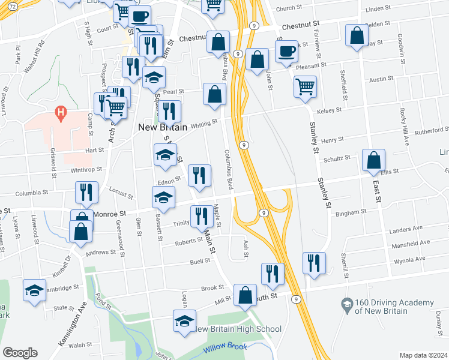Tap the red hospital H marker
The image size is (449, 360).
click(59, 112)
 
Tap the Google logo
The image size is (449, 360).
click(20, 353)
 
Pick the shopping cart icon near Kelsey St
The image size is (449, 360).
click(305, 86)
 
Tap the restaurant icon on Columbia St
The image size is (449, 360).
click(86, 192)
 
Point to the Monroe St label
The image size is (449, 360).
click(109, 213)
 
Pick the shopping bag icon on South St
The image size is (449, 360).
click(245, 295)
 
